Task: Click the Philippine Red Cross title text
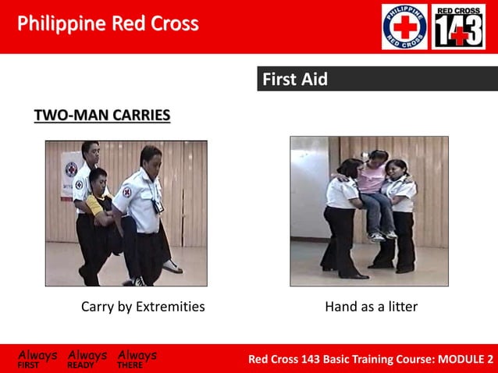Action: [x=108, y=24]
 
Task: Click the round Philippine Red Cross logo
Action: [x=404, y=27]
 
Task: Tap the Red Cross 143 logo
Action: [x=458, y=27]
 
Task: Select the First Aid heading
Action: [x=294, y=80]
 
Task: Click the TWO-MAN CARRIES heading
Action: [x=101, y=116]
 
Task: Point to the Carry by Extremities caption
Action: [x=143, y=307]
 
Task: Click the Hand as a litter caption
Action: [x=371, y=307]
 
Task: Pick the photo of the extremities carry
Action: [x=126, y=213]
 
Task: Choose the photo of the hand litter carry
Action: [x=368, y=211]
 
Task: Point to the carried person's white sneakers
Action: [x=382, y=235]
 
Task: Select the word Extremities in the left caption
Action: [x=170, y=307]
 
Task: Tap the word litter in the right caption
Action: [x=400, y=307]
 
